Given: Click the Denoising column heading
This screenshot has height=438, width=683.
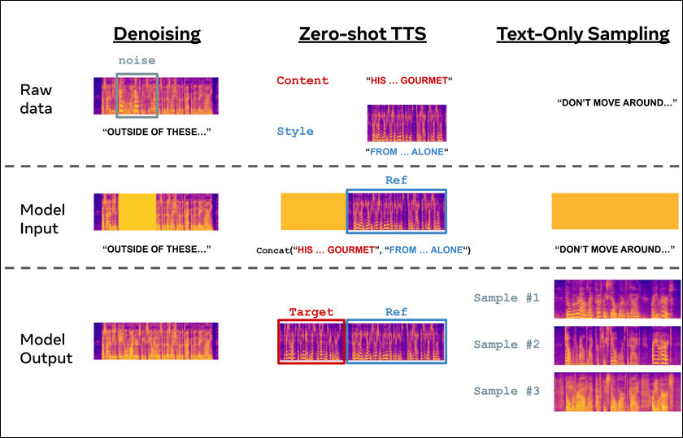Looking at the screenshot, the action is click(157, 34).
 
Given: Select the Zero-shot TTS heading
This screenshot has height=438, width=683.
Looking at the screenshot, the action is click(363, 34).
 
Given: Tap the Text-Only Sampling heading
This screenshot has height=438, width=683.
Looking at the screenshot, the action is click(583, 34).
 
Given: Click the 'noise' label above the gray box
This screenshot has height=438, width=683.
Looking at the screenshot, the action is click(137, 60).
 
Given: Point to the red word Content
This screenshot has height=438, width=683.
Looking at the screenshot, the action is click(302, 80).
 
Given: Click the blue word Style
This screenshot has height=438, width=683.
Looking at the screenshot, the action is click(295, 131).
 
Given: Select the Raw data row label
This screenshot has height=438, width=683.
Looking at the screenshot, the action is click(36, 99).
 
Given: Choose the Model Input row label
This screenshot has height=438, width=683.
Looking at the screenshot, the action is click(42, 219).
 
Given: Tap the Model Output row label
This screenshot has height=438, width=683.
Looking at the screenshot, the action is click(46, 349).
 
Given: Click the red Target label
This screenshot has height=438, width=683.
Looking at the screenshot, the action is click(311, 312).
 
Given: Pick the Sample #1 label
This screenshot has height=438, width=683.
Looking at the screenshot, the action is click(507, 297).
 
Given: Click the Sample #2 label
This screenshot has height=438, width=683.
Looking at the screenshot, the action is click(507, 345).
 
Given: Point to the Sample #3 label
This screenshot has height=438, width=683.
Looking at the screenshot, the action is click(507, 391).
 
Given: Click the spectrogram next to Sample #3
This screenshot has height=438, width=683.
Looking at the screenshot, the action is click(617, 392).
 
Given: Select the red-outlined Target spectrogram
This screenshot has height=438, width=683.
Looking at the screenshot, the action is click(311, 342).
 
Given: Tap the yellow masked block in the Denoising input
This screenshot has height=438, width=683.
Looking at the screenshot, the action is click(137, 212).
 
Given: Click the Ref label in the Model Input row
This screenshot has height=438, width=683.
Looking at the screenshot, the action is click(396, 180).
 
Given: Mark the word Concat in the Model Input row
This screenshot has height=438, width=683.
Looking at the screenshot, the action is click(273, 250).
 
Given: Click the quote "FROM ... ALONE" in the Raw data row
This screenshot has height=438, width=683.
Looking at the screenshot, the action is click(407, 152).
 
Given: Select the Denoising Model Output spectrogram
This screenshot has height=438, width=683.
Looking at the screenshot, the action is click(156, 341).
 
